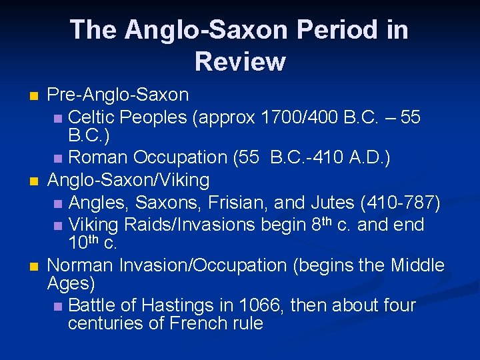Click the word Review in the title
(x=240, y=61)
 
